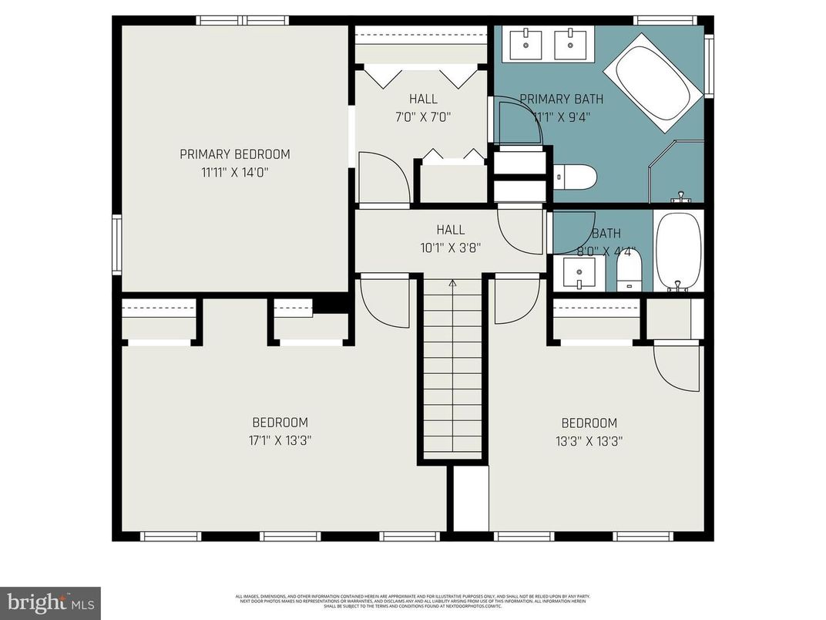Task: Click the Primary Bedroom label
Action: point(235,154)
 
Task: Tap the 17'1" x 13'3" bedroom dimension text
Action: point(280,441)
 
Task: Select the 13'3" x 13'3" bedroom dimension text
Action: point(589,442)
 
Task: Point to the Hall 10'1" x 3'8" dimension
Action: point(451,248)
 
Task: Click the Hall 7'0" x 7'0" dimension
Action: point(424,117)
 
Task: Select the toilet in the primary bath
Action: point(576,177)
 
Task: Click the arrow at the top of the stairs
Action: point(452,284)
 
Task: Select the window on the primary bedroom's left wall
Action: point(116,244)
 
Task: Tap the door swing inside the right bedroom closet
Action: point(677,365)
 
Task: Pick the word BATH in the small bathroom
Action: point(606,234)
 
